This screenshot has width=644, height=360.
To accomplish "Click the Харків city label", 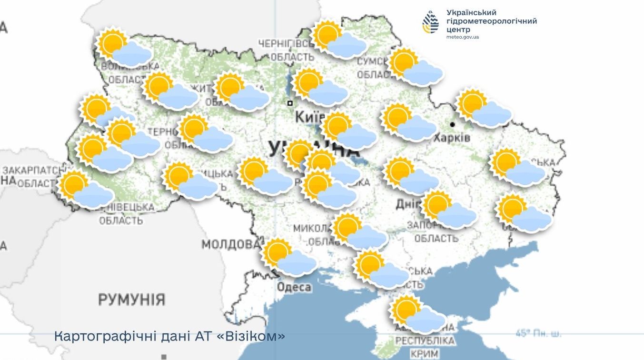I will pyautogui.click(x=452, y=138).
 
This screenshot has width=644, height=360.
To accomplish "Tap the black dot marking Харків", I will pyautogui.click(x=452, y=124).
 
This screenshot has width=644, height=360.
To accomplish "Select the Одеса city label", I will pyautogui.click(x=294, y=287).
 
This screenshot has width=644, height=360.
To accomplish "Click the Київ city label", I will pyautogui.click(x=309, y=117).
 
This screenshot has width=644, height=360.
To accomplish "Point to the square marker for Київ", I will pyautogui.click(x=289, y=103).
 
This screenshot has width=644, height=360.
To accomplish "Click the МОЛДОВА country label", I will pyautogui.click(x=231, y=245).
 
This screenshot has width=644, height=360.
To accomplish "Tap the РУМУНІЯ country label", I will pyautogui.click(x=131, y=300).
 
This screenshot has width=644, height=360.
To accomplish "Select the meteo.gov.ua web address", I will pyautogui.click(x=463, y=37).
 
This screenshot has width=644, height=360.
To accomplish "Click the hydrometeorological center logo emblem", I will pyautogui.click(x=431, y=22).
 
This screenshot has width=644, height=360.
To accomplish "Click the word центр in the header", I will pyautogui.click(x=458, y=30).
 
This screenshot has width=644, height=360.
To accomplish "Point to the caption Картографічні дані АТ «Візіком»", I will pyautogui.click(x=169, y=336).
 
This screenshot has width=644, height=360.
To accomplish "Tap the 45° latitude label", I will pyautogui.click(x=538, y=333).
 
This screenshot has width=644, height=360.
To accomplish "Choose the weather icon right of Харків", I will pyautogui.click(x=484, y=108).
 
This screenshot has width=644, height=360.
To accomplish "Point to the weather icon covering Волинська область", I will pyautogui.click(x=124, y=47).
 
